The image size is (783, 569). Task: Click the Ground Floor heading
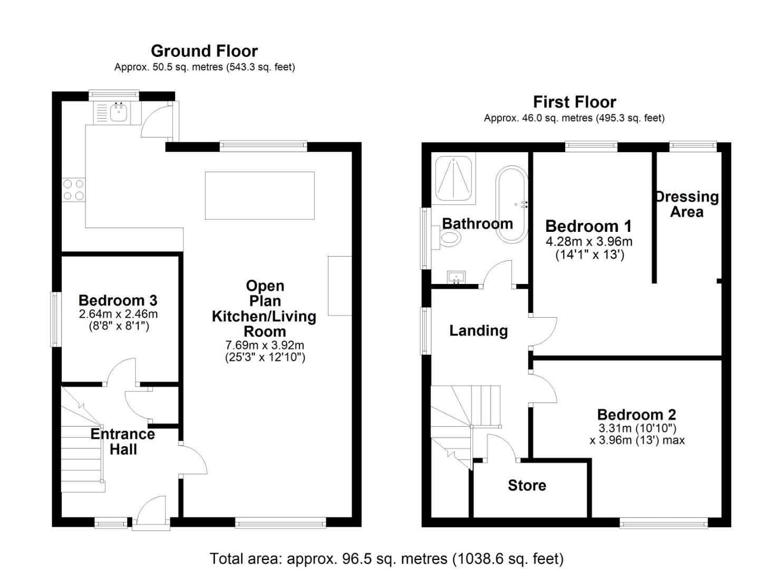pos(204,51)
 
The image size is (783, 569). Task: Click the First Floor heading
pos(574,102)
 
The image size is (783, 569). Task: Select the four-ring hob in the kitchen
pos(73,190)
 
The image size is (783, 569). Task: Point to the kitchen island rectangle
pos(259,195)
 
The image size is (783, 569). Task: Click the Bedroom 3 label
pos(118,300)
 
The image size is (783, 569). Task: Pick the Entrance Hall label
pos(123,442)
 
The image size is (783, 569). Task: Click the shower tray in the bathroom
pos(453,179)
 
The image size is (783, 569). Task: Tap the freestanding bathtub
pos(511,204)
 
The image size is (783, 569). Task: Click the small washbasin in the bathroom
pos(456,277)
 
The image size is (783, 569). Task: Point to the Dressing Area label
pos(687,204)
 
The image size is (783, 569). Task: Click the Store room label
pos(527,485)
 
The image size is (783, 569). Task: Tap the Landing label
pos(478,330)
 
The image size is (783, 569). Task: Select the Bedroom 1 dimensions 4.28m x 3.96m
pos(588,242)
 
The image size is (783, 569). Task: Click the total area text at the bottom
pos(386,558)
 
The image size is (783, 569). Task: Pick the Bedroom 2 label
pos(636,415)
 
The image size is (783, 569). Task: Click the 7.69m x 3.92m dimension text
pos(265,346)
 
